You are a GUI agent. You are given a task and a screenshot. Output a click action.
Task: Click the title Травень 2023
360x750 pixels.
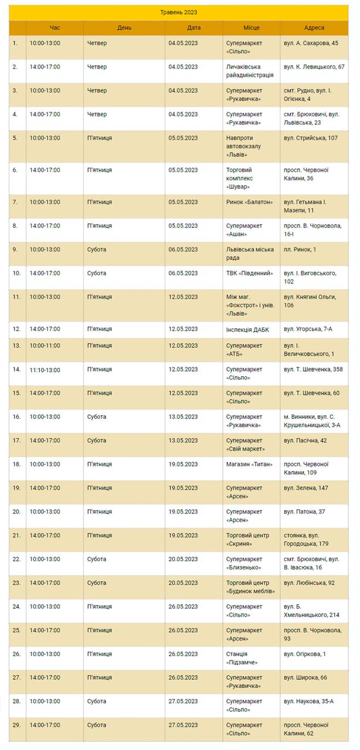[179, 12]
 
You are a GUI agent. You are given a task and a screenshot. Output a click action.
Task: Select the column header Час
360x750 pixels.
[55, 28]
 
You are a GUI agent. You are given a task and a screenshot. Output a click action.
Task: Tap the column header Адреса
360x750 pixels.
[314, 28]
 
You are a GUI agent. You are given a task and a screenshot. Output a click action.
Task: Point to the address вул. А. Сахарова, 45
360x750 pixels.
[310, 43]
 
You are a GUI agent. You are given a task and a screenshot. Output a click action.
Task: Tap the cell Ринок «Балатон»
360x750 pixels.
[249, 202]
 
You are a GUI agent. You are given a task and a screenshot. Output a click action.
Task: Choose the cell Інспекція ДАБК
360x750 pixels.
[247, 329]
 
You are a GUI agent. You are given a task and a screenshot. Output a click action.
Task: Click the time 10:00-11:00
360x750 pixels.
[45, 346]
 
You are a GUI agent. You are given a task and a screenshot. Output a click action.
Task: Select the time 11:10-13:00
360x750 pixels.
[45, 370]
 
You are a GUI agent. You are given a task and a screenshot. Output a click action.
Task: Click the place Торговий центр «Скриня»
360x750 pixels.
[247, 539]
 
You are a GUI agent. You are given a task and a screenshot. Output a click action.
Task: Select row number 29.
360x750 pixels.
[16, 725]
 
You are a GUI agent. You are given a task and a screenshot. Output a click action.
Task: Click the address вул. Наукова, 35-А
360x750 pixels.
[308, 701]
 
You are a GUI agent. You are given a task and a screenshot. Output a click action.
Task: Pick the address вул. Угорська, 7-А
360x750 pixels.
[307, 329]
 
